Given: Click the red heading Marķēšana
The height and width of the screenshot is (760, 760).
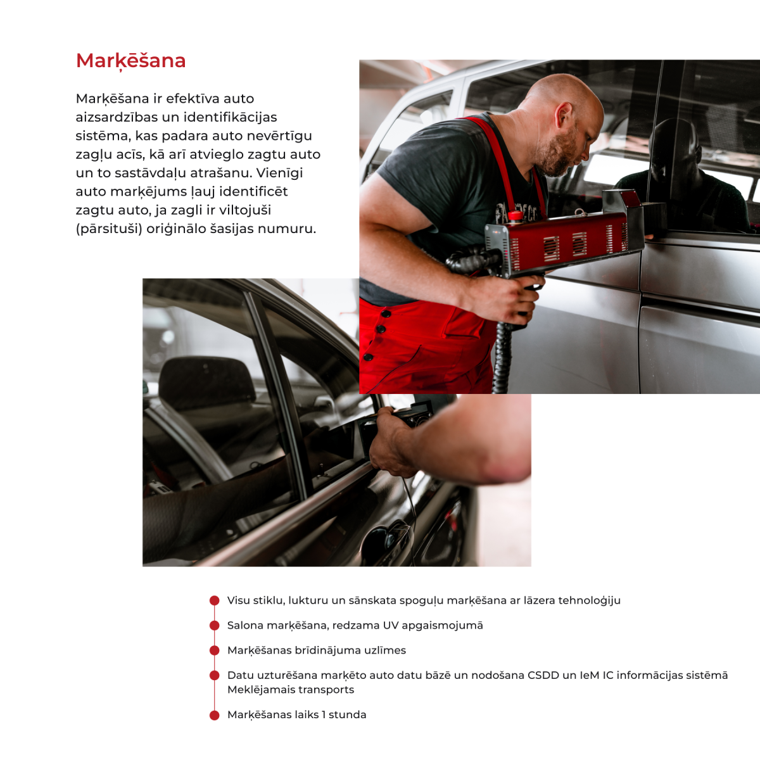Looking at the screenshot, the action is click(x=130, y=61).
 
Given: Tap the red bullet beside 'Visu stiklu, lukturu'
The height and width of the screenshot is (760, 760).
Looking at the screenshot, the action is click(x=215, y=600).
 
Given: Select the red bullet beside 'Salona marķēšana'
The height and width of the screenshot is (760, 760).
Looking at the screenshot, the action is click(x=215, y=625).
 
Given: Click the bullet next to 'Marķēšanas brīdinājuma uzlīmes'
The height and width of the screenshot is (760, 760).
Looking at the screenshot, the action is click(x=215, y=650).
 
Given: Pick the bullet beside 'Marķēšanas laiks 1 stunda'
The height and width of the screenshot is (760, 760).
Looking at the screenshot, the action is click(x=215, y=714).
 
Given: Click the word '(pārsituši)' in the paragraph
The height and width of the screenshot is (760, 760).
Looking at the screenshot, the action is click(x=109, y=229).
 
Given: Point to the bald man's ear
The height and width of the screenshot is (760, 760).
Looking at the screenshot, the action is click(x=563, y=115).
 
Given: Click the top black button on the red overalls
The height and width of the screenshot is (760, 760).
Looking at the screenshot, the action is click(x=385, y=314).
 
